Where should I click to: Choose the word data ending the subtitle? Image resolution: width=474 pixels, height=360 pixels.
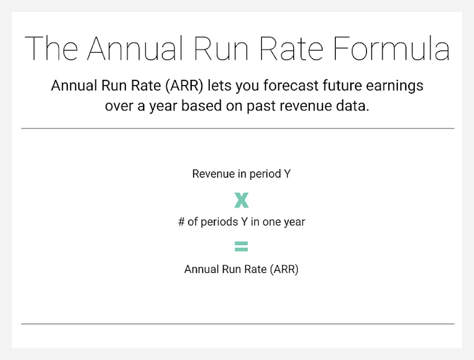pyautogui.click(x=354, y=106)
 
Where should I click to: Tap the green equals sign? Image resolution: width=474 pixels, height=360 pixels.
pyautogui.click(x=241, y=246)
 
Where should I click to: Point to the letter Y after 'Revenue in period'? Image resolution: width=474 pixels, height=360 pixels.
pyautogui.click(x=287, y=174)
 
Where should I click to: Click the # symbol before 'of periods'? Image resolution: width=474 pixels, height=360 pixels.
pyautogui.click(x=181, y=222)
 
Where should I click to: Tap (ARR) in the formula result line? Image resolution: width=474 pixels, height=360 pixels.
pyautogui.click(x=284, y=269)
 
